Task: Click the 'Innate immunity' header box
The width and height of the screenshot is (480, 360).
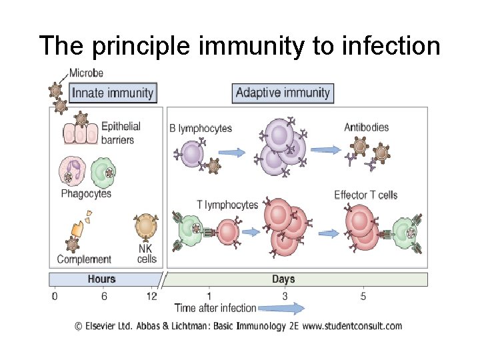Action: pyautogui.click(x=112, y=93)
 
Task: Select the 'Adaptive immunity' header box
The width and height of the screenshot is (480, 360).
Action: pyautogui.click(x=283, y=92)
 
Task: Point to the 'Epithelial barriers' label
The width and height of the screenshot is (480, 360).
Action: pyautogui.click(x=121, y=133)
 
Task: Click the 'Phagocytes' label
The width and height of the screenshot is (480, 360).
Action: pyautogui.click(x=85, y=194)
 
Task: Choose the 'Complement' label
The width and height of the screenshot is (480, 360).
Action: pyautogui.click(x=84, y=259)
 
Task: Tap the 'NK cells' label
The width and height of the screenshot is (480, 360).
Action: pyautogui.click(x=147, y=253)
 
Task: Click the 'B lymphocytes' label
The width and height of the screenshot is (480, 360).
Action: pyautogui.click(x=200, y=128)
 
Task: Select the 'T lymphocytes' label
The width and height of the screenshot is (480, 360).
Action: pyautogui.click(x=227, y=205)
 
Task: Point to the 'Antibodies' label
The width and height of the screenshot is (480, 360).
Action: pyautogui.click(x=366, y=127)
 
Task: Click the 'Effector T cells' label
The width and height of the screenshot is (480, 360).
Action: pyautogui.click(x=365, y=195)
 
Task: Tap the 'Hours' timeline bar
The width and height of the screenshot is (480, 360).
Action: pyautogui.click(x=101, y=279)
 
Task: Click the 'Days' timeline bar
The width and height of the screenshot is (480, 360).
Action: pyautogui.click(x=283, y=279)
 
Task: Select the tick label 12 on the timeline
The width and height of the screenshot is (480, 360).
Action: pyautogui.click(x=152, y=296)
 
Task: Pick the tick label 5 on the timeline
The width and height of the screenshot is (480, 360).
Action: pyautogui.click(x=363, y=296)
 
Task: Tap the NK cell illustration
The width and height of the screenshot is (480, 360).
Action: pyautogui.click(x=145, y=227)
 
